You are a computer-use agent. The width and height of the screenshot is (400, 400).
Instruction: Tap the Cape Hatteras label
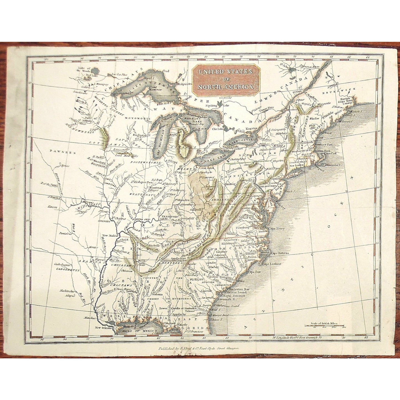279,253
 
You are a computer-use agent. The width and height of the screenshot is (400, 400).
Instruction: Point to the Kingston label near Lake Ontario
252,130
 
